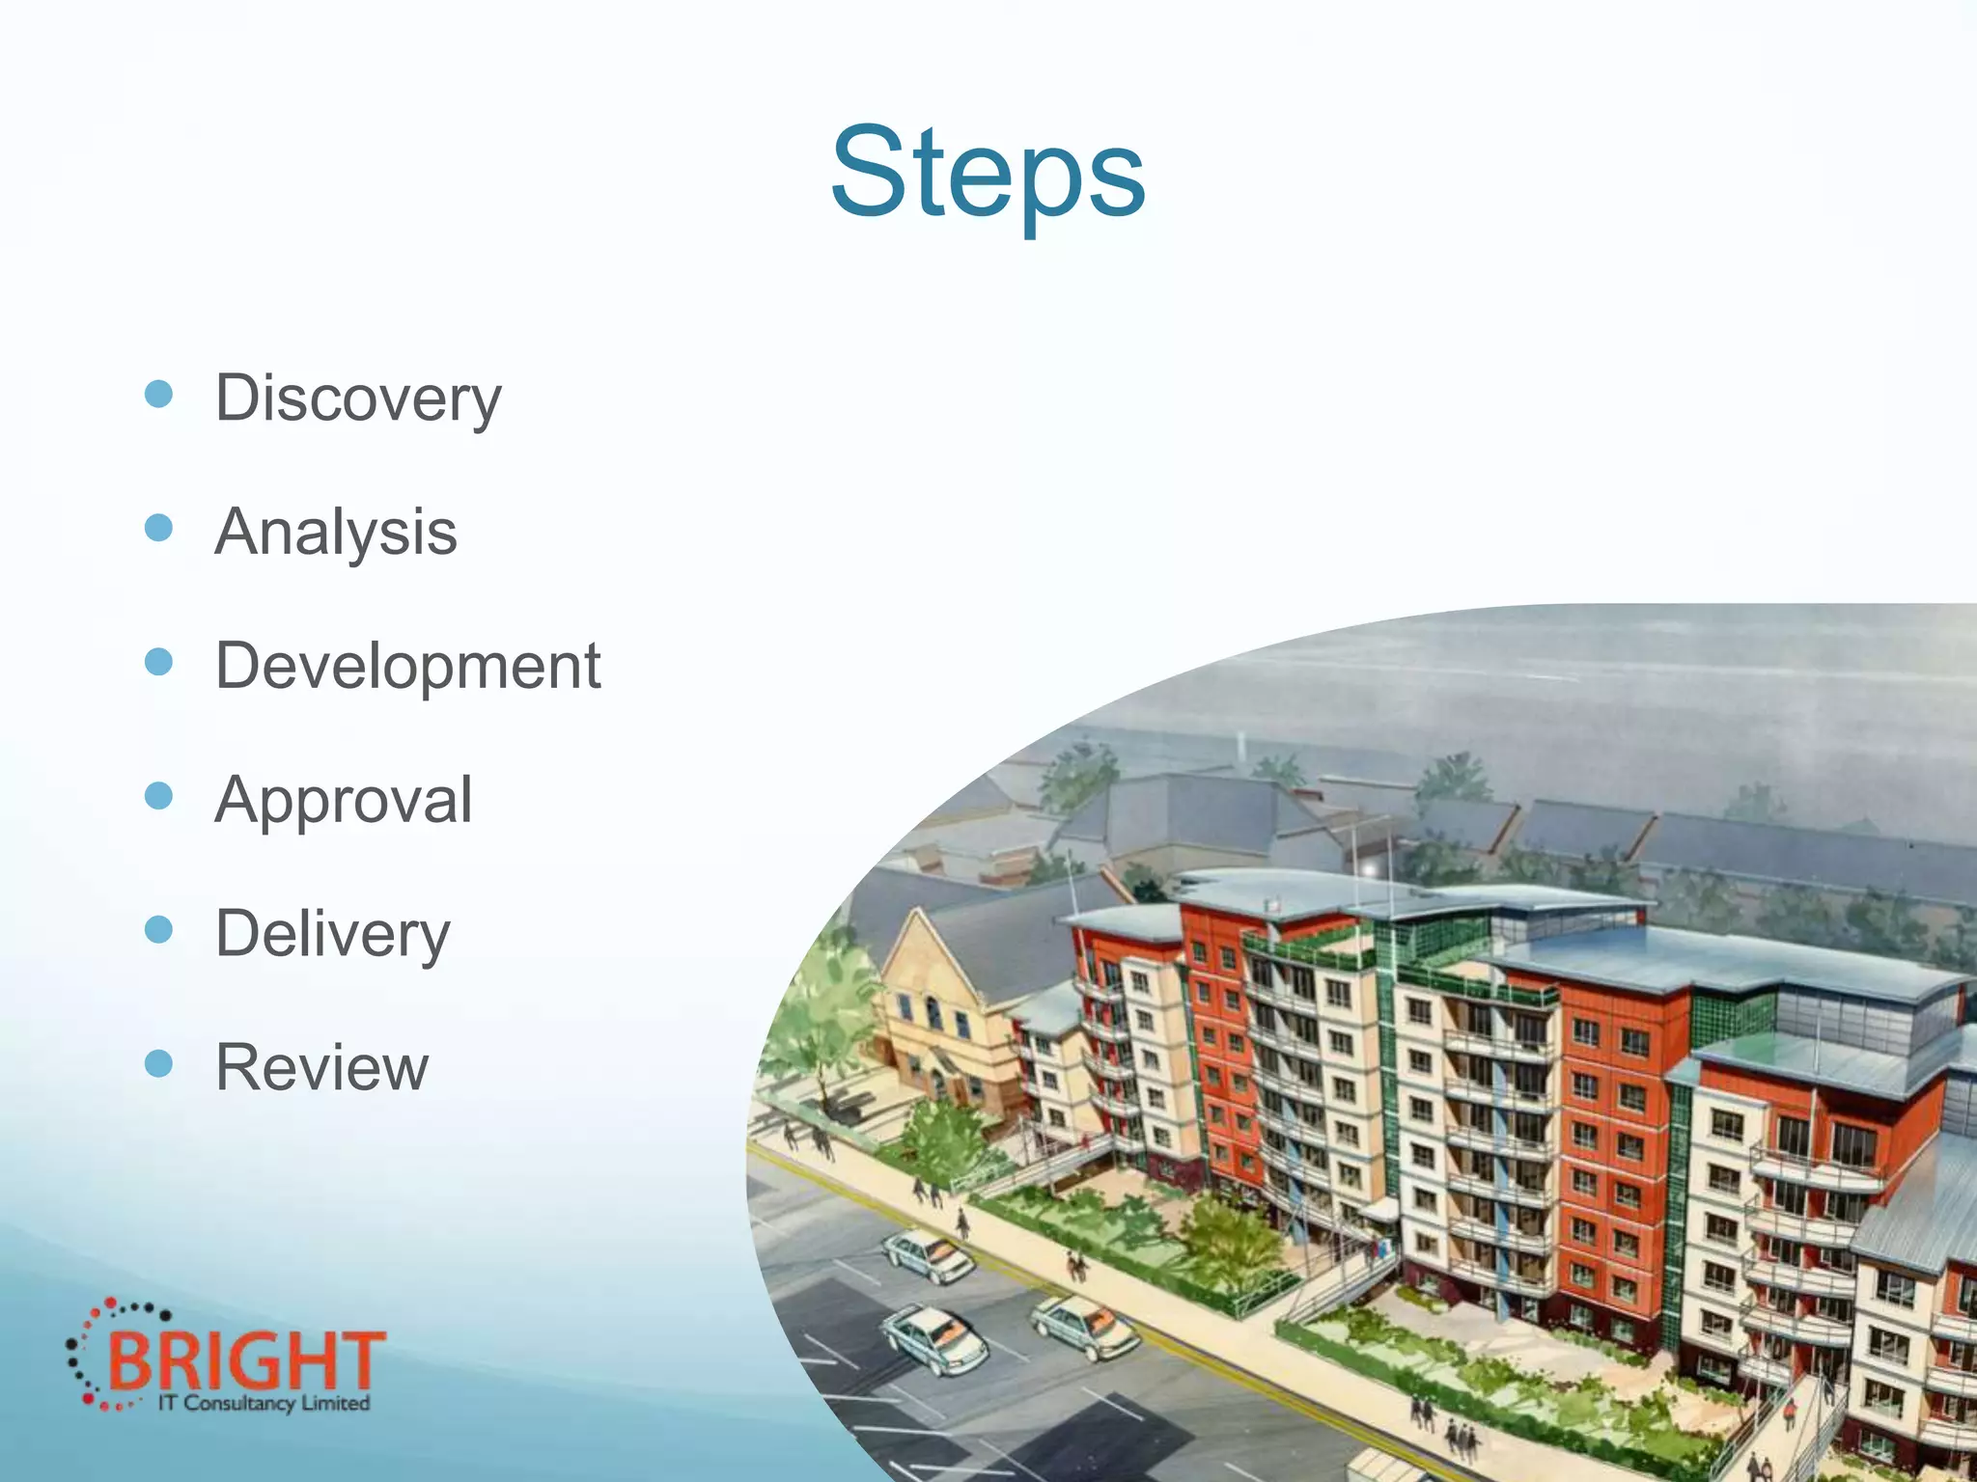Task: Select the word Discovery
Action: [x=358, y=398]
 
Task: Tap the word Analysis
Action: [x=336, y=532]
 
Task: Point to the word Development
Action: [x=407, y=666]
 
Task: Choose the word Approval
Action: [x=344, y=800]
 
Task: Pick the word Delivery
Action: [x=333, y=934]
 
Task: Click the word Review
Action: [x=321, y=1067]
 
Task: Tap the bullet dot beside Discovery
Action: [x=158, y=394]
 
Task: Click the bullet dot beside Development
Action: [x=158, y=662]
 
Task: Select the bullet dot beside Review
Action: [x=158, y=1063]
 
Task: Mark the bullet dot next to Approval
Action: [x=158, y=796]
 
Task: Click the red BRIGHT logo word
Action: [x=246, y=1360]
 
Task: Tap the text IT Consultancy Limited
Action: [x=264, y=1403]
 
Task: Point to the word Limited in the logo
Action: [x=335, y=1403]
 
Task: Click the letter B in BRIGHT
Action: [x=129, y=1360]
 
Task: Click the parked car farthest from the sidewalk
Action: [x=932, y=1339]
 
